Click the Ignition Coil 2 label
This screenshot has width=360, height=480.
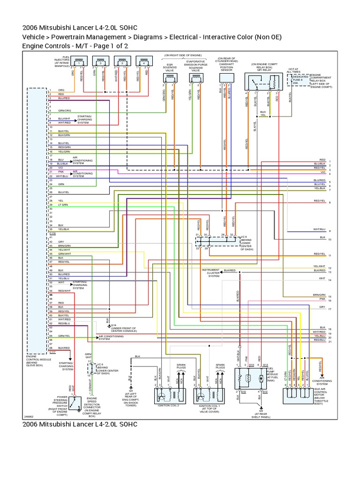[168, 405]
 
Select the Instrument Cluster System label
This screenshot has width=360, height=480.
[213, 273]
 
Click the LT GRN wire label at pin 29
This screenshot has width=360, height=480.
[63, 204]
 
